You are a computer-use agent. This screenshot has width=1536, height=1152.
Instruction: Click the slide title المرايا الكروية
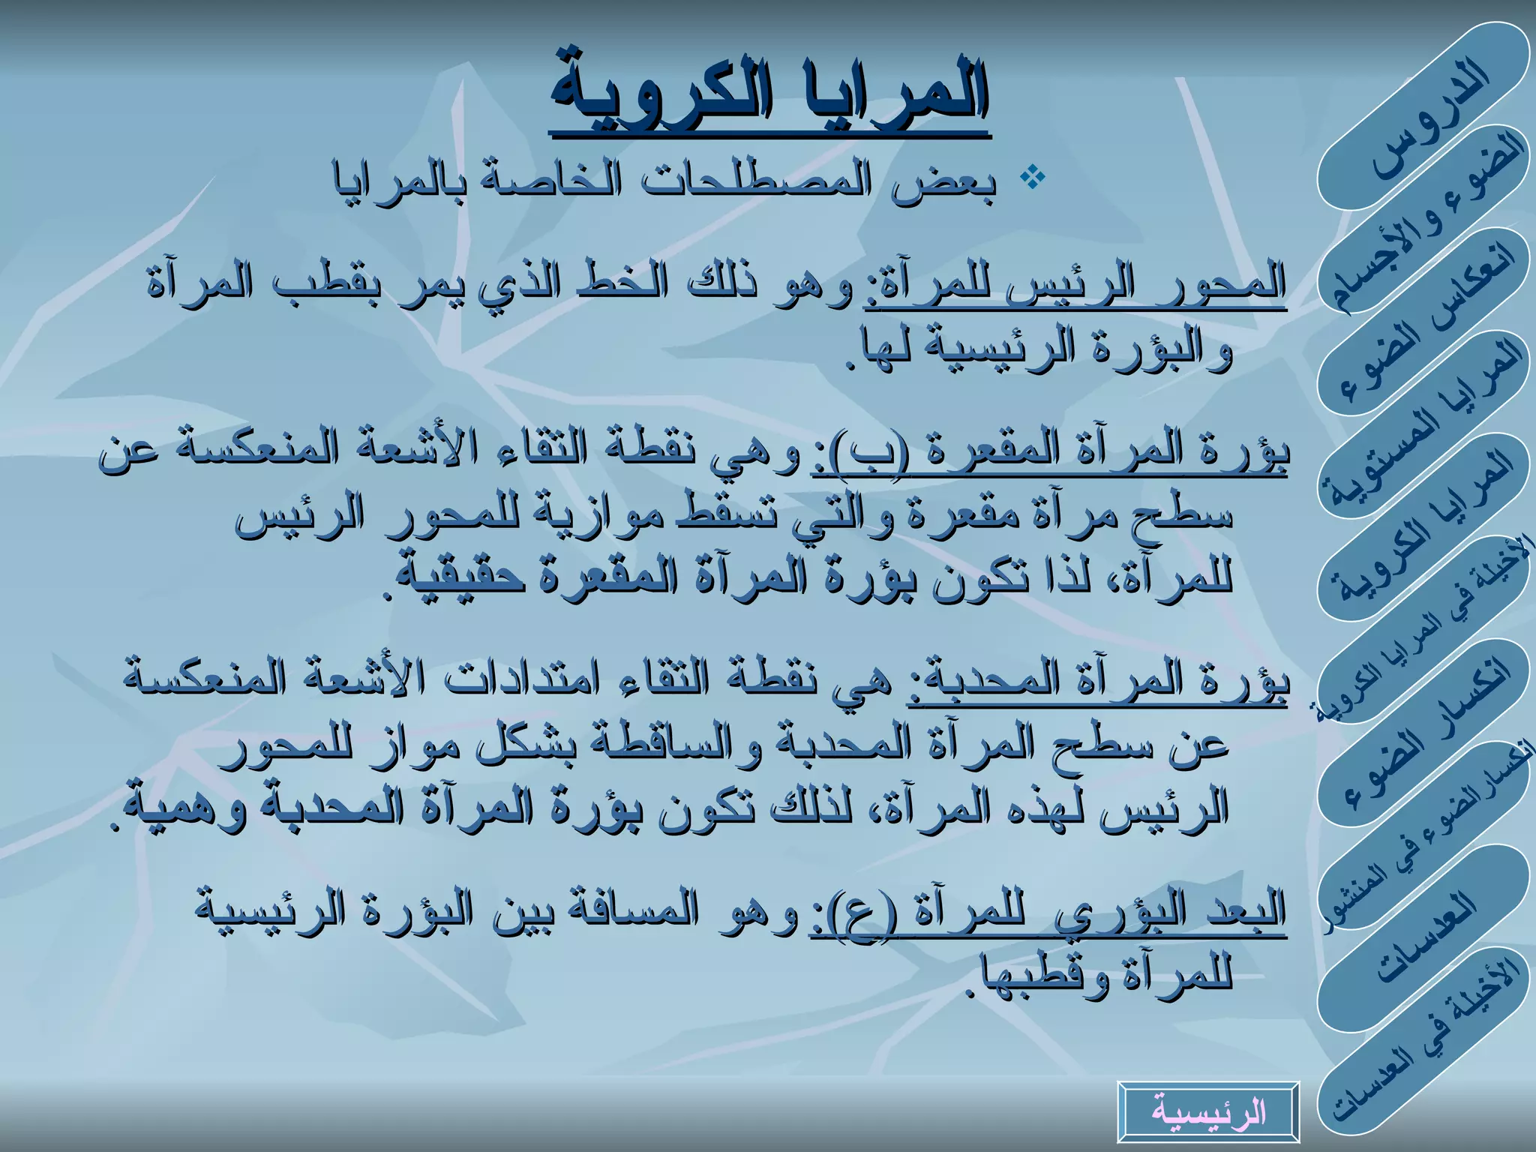(x=769, y=94)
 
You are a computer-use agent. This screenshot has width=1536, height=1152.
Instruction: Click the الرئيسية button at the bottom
(x=1208, y=1111)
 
